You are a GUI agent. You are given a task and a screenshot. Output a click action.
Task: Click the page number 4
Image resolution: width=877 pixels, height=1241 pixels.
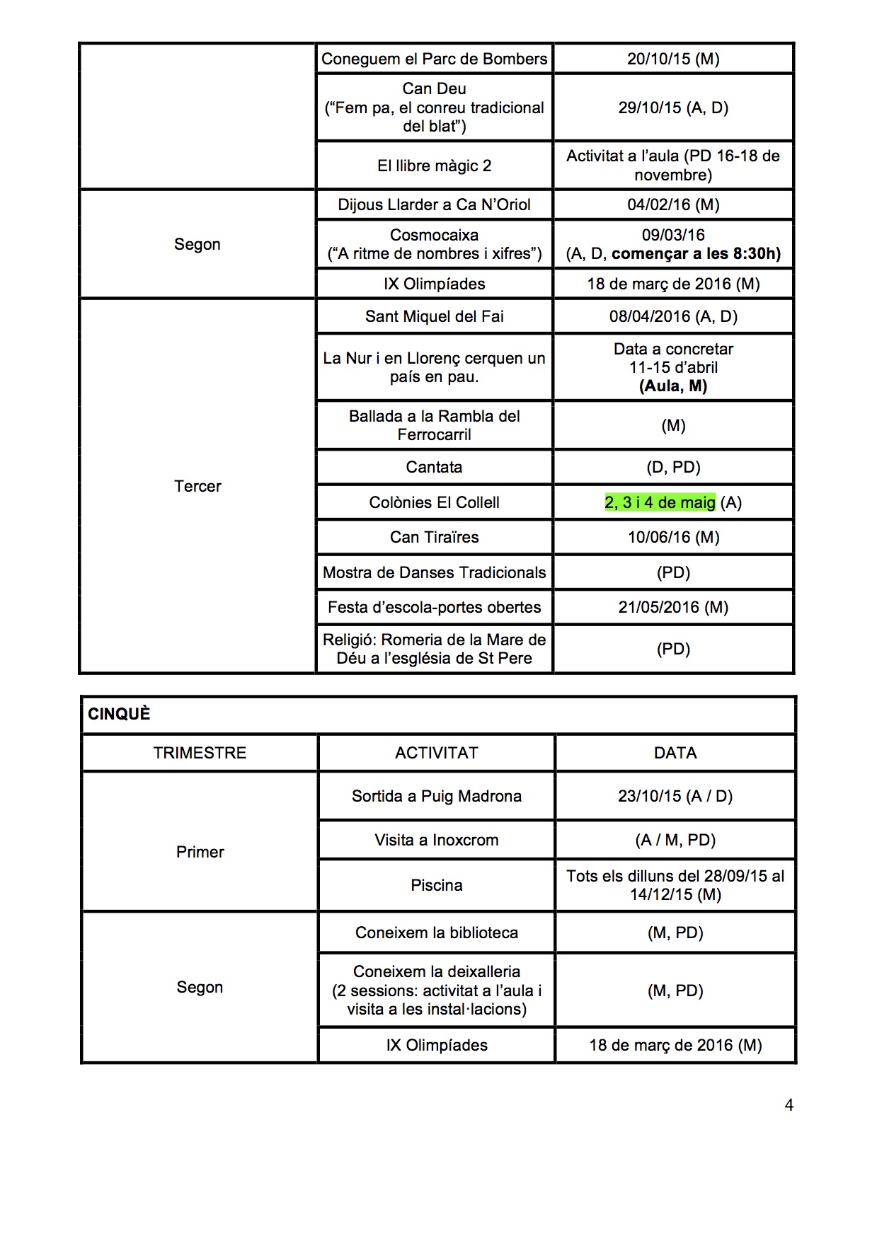[789, 1105]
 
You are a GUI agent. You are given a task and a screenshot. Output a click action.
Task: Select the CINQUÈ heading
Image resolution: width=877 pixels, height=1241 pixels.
[119, 714]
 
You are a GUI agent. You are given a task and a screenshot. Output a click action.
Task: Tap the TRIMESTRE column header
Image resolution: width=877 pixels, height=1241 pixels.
[200, 753]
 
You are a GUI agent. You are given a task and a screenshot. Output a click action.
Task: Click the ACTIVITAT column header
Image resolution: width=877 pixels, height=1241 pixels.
[436, 753]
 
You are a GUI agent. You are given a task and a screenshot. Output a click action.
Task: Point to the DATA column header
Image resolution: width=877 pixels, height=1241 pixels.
[675, 753]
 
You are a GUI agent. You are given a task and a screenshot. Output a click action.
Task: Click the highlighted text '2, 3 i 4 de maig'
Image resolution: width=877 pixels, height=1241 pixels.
[660, 502]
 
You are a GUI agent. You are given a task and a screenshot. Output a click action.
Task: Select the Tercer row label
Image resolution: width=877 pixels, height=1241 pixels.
[197, 486]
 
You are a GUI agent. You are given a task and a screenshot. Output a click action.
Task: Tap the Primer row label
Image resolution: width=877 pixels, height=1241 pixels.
[200, 852]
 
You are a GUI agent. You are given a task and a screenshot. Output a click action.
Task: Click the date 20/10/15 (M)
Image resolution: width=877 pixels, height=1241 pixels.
[673, 59]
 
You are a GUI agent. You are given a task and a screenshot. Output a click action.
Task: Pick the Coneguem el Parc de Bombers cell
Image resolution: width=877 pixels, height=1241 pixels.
[434, 59]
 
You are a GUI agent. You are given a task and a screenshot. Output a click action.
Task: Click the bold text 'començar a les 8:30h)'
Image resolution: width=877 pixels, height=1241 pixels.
[696, 254]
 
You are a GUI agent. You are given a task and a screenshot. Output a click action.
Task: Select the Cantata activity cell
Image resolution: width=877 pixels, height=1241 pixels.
[434, 467]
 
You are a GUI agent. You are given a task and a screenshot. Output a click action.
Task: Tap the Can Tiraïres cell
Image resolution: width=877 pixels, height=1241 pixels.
[434, 537]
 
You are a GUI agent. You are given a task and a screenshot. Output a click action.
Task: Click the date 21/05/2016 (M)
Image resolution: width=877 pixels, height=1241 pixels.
[673, 607]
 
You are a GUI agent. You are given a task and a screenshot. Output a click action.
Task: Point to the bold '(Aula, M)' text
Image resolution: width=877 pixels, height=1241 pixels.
[673, 386]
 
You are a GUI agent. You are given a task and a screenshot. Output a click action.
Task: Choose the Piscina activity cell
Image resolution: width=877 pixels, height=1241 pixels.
[436, 885]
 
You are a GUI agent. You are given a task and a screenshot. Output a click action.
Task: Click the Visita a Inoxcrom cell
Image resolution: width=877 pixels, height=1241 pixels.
[436, 840]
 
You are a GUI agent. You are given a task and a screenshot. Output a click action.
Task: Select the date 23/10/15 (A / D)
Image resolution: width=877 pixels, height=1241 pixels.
[675, 796]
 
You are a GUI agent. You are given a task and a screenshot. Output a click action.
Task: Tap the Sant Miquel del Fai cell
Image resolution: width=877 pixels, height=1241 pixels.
[434, 316]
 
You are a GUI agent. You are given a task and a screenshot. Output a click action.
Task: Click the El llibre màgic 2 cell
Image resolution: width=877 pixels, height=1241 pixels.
[434, 166]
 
